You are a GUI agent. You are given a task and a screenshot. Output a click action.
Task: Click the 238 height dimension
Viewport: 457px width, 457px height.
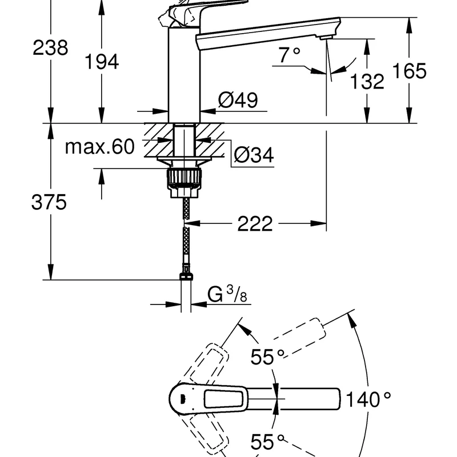click(50, 48)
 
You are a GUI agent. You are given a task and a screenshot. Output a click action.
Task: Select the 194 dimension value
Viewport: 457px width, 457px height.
click(102, 62)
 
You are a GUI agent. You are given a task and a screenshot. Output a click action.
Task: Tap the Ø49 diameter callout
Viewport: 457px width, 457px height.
click(238, 100)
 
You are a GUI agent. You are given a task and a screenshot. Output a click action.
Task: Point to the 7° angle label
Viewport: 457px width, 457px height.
click(289, 54)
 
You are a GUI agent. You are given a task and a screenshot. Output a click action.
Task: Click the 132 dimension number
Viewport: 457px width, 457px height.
click(367, 81)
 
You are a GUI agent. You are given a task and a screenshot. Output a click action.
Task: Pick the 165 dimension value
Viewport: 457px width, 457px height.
click(409, 70)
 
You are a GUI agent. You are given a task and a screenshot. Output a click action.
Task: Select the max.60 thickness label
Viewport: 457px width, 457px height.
click(99, 146)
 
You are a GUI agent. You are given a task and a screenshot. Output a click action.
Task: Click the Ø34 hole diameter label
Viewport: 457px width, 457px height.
click(254, 155)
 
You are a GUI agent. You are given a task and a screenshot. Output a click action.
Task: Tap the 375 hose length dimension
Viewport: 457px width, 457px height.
click(49, 202)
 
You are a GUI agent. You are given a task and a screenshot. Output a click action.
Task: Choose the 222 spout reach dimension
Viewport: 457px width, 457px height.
click(255, 224)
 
